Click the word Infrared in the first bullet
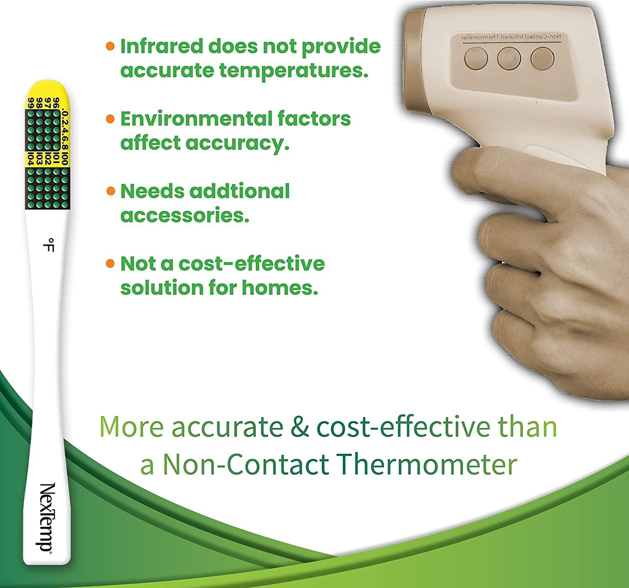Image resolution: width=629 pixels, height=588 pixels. point(161,47)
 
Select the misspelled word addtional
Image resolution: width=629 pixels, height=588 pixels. point(239,191)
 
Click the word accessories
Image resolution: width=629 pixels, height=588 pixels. point(185,216)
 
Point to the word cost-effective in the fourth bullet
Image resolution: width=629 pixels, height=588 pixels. point(252,264)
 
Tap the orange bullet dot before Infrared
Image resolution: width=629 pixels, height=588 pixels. point(110,47)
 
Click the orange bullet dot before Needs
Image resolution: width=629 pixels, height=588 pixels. point(110,191)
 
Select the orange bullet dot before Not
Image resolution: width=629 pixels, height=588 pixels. point(110,264)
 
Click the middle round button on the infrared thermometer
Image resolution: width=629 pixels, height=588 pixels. point(509,58)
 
